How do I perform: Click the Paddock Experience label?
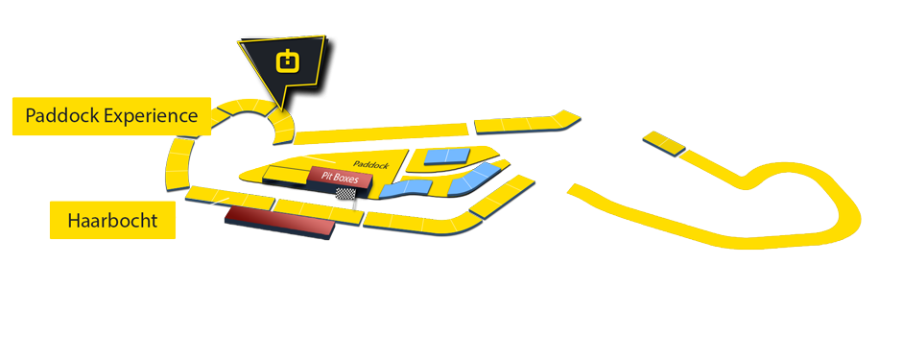(x=111, y=116)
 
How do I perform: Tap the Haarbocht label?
(x=111, y=222)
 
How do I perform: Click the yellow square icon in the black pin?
(x=287, y=62)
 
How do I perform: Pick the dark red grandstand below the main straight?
(x=278, y=223)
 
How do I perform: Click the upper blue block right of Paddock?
(x=447, y=156)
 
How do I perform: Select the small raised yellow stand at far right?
(x=663, y=143)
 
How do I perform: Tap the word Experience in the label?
(x=151, y=117)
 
